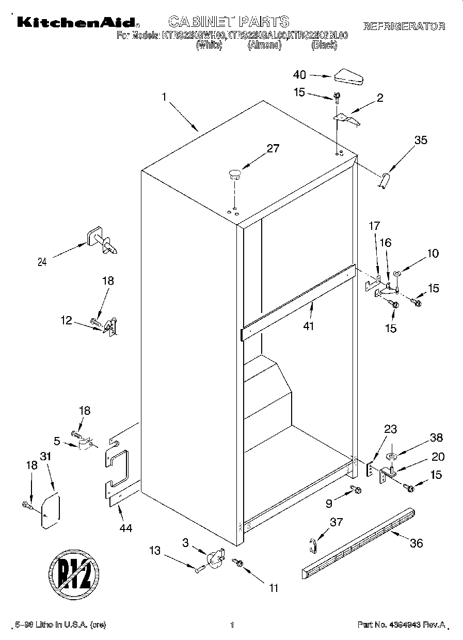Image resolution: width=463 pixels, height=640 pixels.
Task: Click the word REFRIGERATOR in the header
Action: [404, 26]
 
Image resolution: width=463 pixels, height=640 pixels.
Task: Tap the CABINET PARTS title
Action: [229, 21]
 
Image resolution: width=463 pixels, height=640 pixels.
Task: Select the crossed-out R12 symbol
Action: [74, 571]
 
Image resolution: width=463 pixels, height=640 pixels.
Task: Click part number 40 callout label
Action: [299, 74]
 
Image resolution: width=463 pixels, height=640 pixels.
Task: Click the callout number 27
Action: [273, 149]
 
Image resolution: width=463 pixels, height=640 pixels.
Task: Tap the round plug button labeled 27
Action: [235, 174]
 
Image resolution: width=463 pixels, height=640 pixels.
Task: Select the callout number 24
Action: [42, 262]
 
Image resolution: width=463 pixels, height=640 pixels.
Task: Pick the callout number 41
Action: [309, 326]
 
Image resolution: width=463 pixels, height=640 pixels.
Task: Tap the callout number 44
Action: [125, 527]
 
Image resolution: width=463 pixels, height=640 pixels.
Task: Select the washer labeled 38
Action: [391, 455]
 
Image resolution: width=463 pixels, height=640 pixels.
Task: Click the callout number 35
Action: [421, 140]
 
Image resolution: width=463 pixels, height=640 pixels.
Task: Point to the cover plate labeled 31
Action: [51, 511]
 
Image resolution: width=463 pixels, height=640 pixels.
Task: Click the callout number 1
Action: [164, 96]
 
